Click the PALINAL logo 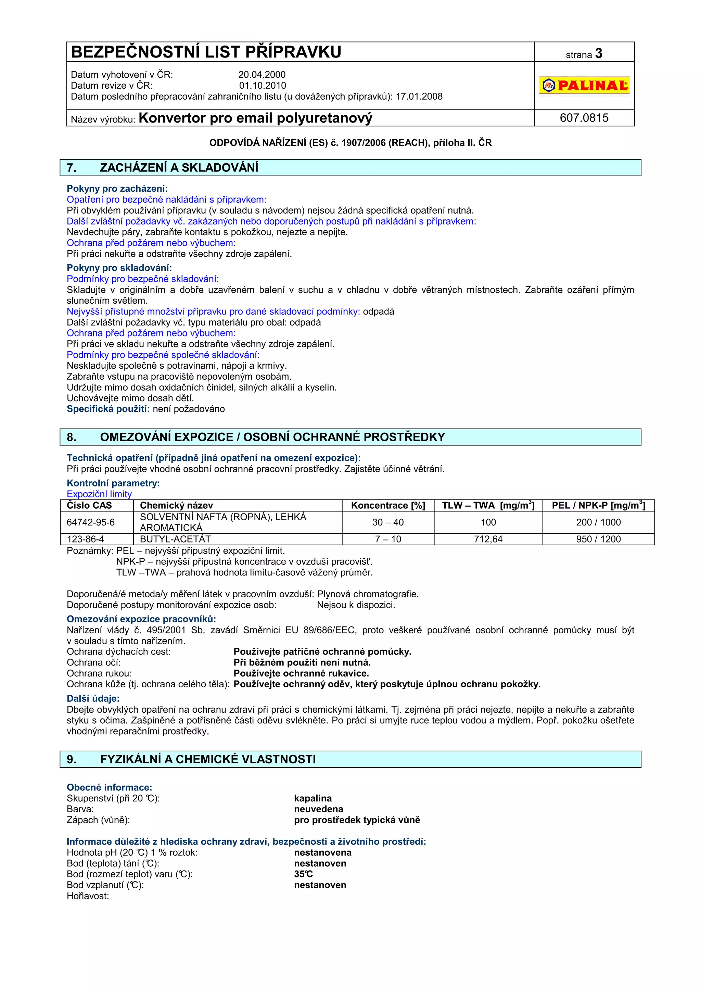pyautogui.click(x=584, y=85)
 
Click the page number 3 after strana pyautogui.click(x=599, y=54)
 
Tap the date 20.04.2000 pyautogui.click(x=262, y=74)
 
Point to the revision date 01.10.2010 pyautogui.click(x=263, y=85)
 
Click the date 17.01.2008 pyautogui.click(x=419, y=96)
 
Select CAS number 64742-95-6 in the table pyautogui.click(x=91, y=522)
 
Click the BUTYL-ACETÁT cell pyautogui.click(x=175, y=539)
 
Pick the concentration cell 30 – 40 pyautogui.click(x=388, y=522)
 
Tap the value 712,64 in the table pyautogui.click(x=488, y=539)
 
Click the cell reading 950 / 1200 pyautogui.click(x=598, y=539)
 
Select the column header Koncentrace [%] pyautogui.click(x=388, y=505)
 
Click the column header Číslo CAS pyautogui.click(x=89, y=505)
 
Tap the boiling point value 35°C pyautogui.click(x=303, y=874)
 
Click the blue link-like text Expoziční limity pyautogui.click(x=99, y=494)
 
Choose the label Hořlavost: pyautogui.click(x=88, y=896)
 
